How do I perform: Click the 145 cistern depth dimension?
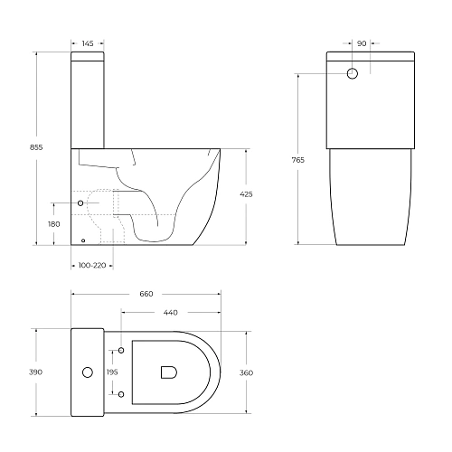88,43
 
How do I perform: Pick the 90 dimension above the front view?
362,43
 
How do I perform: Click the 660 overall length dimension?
146,294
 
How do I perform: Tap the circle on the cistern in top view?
88,372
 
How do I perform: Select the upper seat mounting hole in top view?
121,350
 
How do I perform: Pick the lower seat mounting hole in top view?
121,393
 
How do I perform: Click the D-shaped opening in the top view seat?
167,372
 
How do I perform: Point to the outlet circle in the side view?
82,203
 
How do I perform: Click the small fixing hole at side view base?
83,240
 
